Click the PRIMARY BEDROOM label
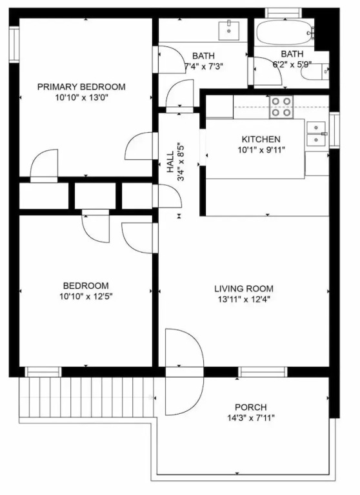81,87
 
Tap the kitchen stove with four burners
281,108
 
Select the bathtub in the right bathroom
285,32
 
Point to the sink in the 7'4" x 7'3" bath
229,30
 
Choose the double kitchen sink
315,134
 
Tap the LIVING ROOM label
244,289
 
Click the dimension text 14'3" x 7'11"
250,418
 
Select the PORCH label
250,407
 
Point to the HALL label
170,162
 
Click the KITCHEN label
261,139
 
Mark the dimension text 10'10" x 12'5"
86,296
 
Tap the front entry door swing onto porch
185,372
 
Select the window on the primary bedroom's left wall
14,45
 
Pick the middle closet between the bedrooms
95,196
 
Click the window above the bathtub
283,13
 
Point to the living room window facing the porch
263,372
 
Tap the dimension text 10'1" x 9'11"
261,150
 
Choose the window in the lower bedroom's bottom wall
43,372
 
